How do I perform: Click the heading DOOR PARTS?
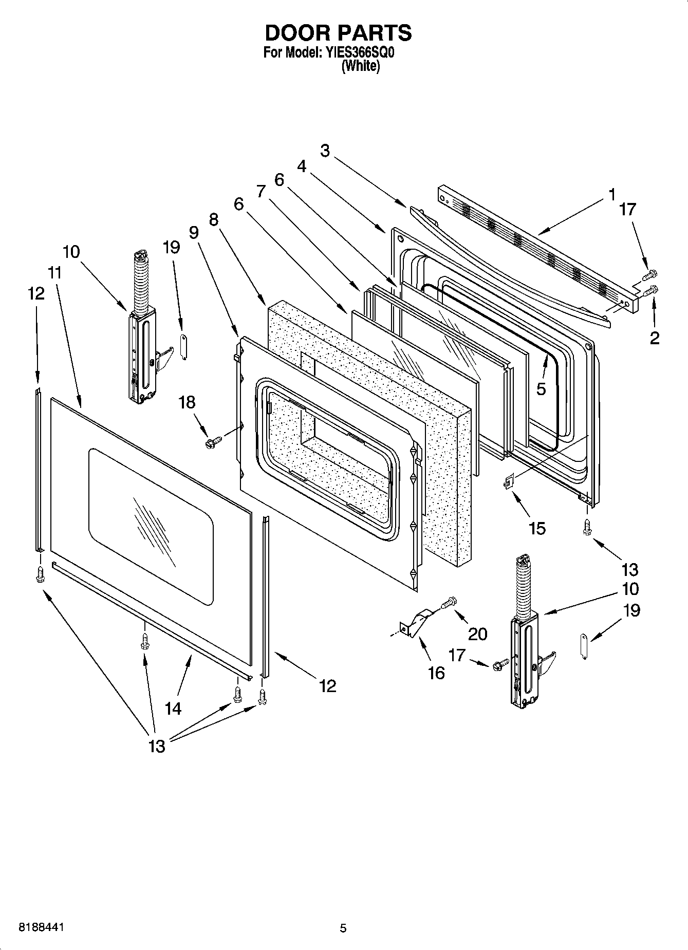(x=338, y=33)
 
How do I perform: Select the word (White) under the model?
(x=361, y=66)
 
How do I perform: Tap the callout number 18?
(x=187, y=402)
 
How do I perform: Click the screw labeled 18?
(x=213, y=441)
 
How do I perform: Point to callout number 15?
(x=537, y=528)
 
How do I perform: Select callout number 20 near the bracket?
(x=477, y=634)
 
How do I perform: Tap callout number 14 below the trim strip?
(x=173, y=709)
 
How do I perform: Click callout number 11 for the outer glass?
(x=55, y=273)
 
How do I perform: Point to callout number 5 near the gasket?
(x=541, y=389)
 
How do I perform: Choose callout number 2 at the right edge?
(x=655, y=338)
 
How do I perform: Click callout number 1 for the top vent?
(x=611, y=194)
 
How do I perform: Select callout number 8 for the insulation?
(x=214, y=220)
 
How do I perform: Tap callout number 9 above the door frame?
(x=194, y=233)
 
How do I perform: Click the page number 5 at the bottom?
(x=343, y=928)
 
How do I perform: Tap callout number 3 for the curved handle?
(x=325, y=151)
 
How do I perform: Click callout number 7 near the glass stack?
(x=261, y=192)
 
